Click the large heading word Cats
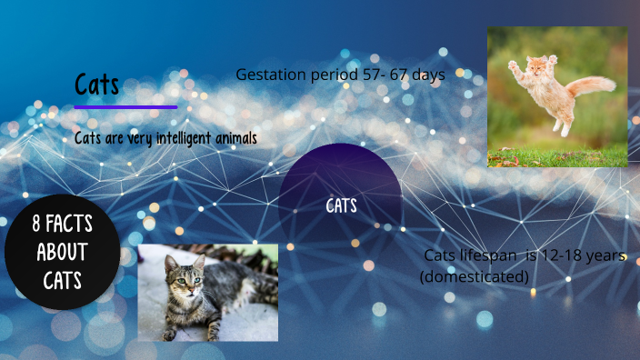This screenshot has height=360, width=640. (96, 85)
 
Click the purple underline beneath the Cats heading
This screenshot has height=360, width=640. (125, 107)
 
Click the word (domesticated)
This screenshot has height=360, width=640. (474, 275)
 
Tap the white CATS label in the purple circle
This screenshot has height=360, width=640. (341, 206)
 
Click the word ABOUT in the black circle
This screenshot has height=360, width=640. (62, 251)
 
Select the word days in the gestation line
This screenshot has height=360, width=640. (427, 75)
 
